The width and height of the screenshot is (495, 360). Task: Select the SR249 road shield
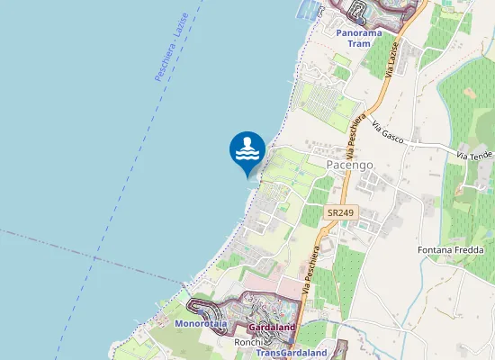point(339,212)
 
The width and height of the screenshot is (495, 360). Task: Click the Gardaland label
point(271,328)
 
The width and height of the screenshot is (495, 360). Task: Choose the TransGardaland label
point(291,353)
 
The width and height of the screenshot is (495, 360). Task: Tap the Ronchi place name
point(247,342)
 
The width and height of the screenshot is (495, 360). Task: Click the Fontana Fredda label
point(451,248)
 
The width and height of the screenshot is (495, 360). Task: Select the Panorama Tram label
point(359,38)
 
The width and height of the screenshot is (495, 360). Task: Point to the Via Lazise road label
point(391,60)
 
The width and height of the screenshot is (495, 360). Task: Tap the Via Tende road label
point(474,156)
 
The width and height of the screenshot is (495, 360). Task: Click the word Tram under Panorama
point(359,43)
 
